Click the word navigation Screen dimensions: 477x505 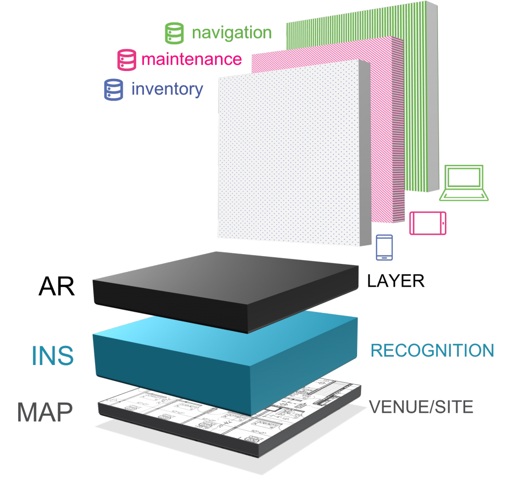[x=231, y=33]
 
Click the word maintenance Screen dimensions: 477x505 [x=191, y=59]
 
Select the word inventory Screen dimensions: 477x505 [x=167, y=89]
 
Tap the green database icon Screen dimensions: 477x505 [x=174, y=33]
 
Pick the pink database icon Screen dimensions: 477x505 [x=126, y=60]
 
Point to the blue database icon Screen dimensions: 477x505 [x=113, y=90]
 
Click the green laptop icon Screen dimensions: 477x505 [x=464, y=183]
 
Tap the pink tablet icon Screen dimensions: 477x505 [x=428, y=223]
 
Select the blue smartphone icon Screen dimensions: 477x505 [x=384, y=247]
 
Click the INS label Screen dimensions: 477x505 [x=52, y=356]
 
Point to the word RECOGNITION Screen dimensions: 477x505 [x=432, y=351]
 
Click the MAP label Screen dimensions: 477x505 [x=45, y=412]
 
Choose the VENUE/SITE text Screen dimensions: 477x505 [x=421, y=407]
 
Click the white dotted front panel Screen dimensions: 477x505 [x=291, y=153]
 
